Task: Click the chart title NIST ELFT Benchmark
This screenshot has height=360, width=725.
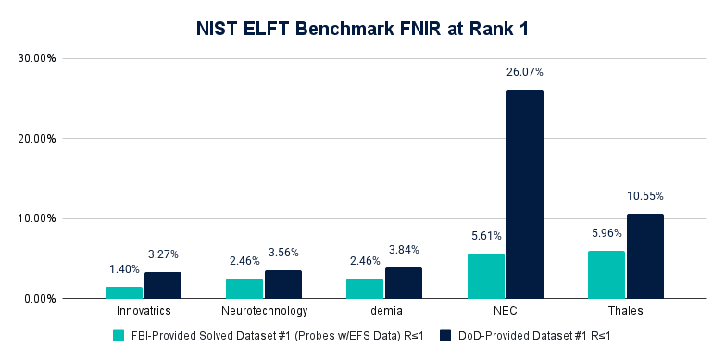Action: pyautogui.click(x=362, y=29)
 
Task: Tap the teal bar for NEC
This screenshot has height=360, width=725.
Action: pyautogui.click(x=486, y=276)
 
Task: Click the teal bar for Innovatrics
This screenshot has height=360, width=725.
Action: pyautogui.click(x=124, y=292)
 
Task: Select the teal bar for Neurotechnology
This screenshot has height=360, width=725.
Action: pyautogui.click(x=244, y=289)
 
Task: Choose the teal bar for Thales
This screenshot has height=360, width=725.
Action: pyautogui.click(x=606, y=275)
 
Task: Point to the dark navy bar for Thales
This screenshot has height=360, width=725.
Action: pyautogui.click(x=644, y=256)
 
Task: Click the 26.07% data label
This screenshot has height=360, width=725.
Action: pyautogui.click(x=524, y=71)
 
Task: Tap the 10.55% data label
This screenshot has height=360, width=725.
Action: pyautogui.click(x=644, y=195)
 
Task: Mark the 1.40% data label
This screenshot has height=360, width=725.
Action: pyautogui.click(x=124, y=269)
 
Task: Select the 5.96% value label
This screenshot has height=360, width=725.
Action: pyautogui.click(x=606, y=233)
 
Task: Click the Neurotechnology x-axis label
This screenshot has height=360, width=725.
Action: pyautogui.click(x=265, y=312)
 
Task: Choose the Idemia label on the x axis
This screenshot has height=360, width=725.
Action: pyautogui.click(x=385, y=312)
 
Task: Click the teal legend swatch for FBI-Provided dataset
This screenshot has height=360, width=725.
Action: pyautogui.click(x=117, y=336)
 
